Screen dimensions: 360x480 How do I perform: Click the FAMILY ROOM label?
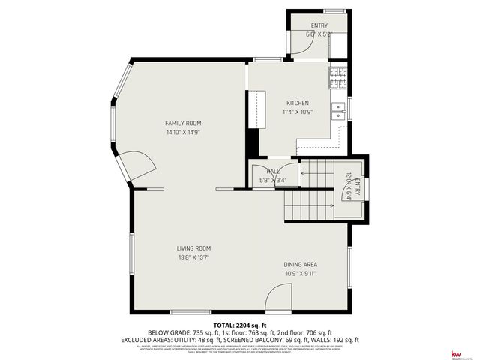(x=183, y=123)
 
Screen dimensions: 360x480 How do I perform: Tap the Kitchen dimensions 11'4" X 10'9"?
(x=298, y=112)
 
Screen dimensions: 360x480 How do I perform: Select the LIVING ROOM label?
(x=193, y=248)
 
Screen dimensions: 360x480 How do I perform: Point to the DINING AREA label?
(x=300, y=264)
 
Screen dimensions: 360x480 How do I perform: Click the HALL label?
(x=273, y=172)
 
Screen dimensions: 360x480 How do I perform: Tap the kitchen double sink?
(x=339, y=111)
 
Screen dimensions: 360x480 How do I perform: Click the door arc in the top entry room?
(x=298, y=46)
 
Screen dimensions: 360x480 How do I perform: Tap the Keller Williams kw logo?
(x=454, y=353)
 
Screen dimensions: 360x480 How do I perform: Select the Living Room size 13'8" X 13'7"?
(x=193, y=257)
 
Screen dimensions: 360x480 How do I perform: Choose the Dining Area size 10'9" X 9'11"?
(x=300, y=273)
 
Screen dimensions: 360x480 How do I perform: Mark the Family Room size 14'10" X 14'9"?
(x=183, y=132)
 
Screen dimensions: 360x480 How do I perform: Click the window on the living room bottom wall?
(x=190, y=311)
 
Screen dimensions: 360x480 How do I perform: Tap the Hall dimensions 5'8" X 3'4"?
(x=273, y=181)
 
